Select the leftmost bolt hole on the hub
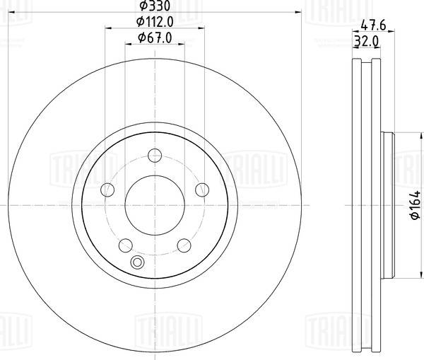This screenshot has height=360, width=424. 108,190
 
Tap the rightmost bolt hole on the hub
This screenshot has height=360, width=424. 201,189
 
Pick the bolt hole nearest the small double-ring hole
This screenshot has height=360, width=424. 126,245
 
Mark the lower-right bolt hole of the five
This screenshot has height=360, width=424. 184,245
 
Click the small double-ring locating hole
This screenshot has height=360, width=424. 137,264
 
